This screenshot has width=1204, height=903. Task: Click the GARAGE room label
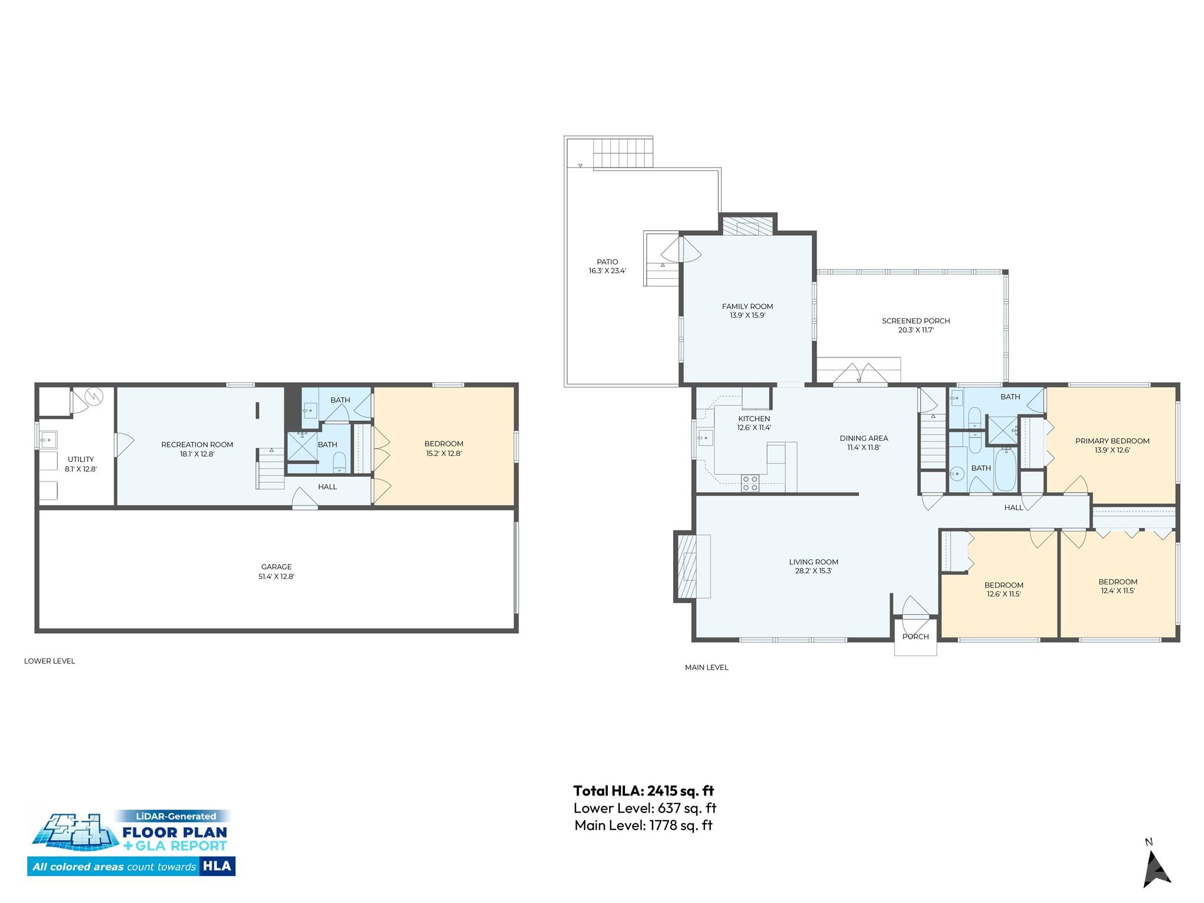[276, 567]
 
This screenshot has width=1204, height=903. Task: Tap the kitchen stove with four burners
[750, 483]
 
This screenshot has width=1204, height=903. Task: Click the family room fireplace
[748, 226]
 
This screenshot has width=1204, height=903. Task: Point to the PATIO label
[607, 262]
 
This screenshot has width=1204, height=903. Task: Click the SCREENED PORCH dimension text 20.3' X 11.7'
[916, 330]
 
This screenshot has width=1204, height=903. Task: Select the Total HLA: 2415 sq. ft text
[644, 791]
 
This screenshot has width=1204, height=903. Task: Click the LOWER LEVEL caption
[49, 661]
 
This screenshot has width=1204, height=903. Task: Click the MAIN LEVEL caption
[707, 667]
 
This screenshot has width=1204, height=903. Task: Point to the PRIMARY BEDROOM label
[1112, 441]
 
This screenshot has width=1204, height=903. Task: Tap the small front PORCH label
[915, 637]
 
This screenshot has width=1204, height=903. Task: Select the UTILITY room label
[81, 460]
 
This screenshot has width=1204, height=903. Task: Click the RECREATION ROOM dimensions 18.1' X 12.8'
[197, 454]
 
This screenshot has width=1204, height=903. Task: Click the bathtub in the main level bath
[1005, 469]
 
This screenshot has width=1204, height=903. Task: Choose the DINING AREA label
[864, 438]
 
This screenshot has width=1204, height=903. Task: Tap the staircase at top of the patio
[623, 153]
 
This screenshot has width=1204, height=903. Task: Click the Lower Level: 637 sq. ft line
[645, 808]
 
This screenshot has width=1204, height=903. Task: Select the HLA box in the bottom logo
[217, 866]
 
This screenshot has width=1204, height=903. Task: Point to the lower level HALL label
[327, 487]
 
